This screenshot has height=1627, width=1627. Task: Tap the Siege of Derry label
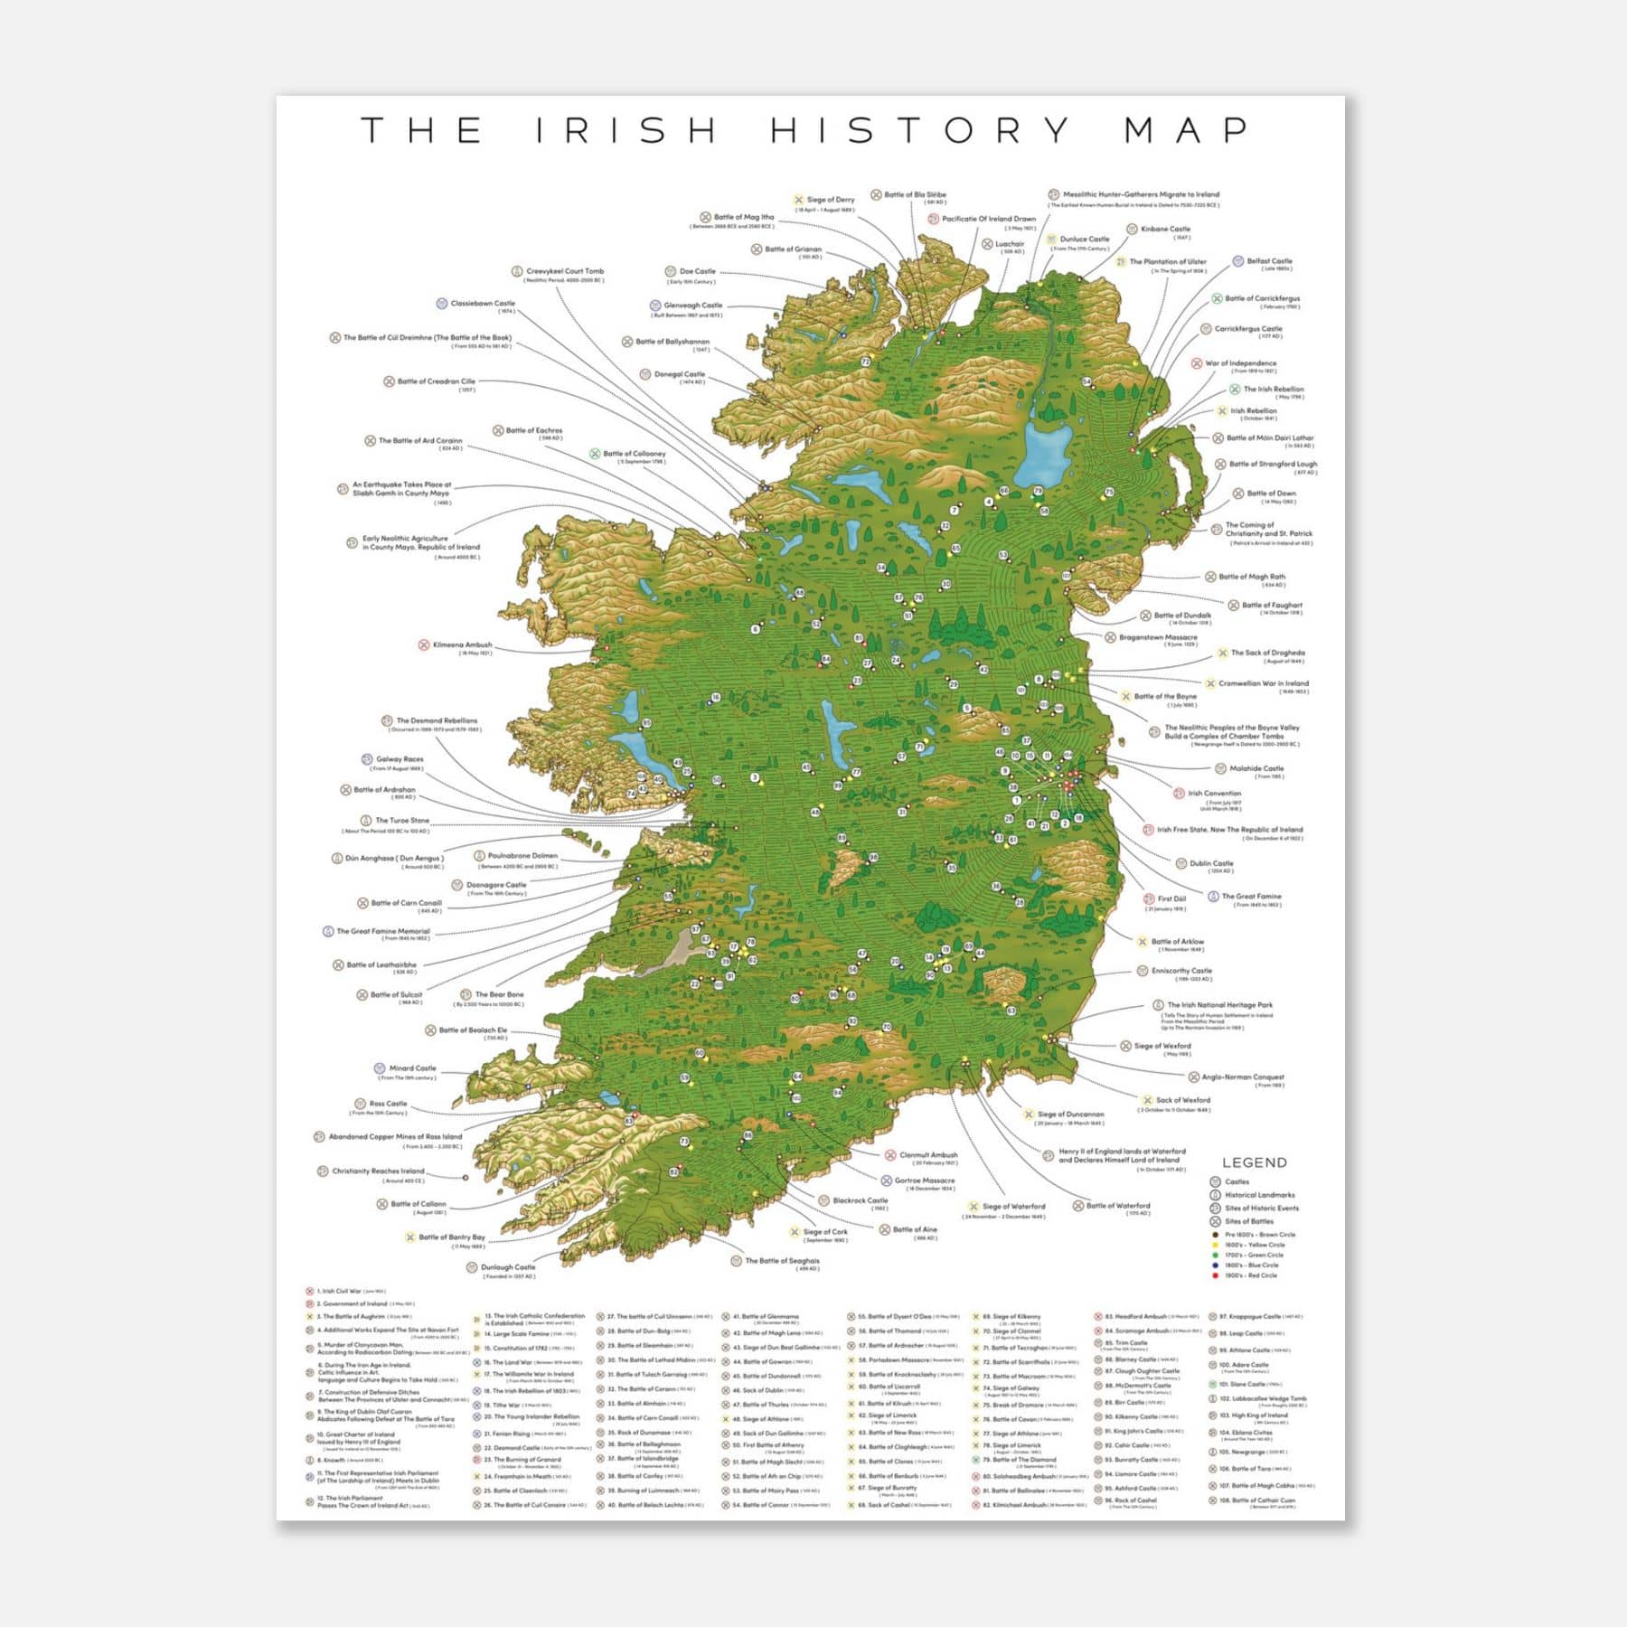(830, 200)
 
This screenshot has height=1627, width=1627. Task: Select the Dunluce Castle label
(1084, 240)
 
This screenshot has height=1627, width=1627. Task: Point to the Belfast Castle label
(1269, 261)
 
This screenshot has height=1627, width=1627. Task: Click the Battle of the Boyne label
(1164, 697)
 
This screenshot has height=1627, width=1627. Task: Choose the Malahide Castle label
(1256, 768)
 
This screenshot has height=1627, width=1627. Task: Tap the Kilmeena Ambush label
(462, 645)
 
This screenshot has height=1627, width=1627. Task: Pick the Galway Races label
(400, 759)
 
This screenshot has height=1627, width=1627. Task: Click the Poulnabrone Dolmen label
(522, 855)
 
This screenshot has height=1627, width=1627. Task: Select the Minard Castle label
(412, 1068)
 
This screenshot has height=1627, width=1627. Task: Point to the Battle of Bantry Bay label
(451, 1237)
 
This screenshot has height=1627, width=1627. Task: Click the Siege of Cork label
(824, 1232)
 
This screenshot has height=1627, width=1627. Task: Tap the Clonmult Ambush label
(927, 1155)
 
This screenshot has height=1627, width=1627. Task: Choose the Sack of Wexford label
(1182, 1101)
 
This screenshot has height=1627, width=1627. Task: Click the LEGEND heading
(1254, 1162)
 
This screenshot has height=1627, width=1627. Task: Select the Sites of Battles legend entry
(1248, 1221)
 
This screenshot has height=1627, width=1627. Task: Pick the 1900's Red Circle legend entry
(1251, 1275)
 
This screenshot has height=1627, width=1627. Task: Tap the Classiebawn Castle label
(482, 304)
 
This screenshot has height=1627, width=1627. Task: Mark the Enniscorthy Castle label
(1180, 971)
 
